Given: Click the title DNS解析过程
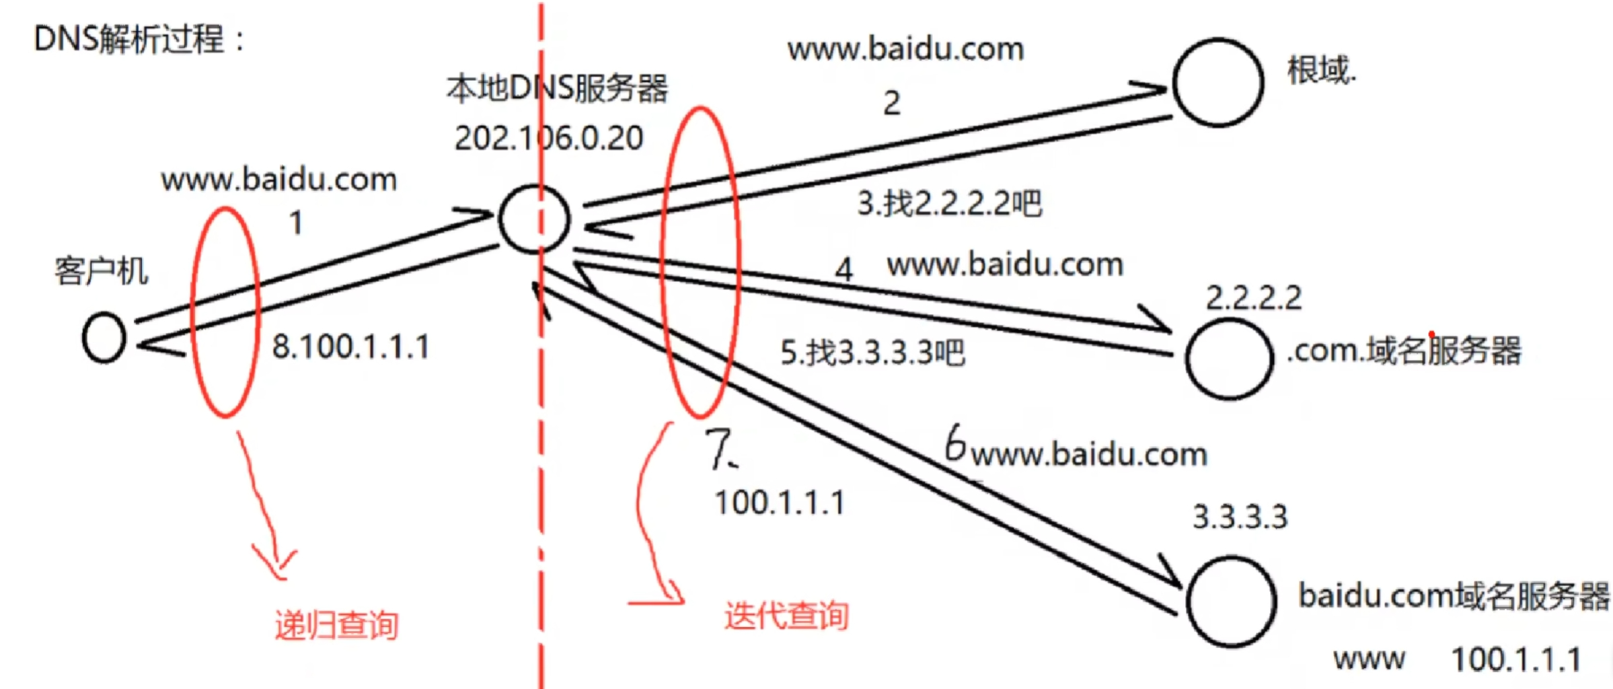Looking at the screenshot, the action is pyautogui.click(x=139, y=39).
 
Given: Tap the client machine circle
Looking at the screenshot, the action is pyautogui.click(x=104, y=338).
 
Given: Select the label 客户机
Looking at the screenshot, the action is pyautogui.click(x=102, y=271).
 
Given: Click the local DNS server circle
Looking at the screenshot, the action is pyautogui.click(x=534, y=219).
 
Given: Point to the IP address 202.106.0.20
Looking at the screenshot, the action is pyautogui.click(x=549, y=139).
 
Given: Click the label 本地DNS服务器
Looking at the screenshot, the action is pyautogui.click(x=557, y=89).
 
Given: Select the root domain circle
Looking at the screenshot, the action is pyautogui.click(x=1218, y=83).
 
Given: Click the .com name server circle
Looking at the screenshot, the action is pyautogui.click(x=1229, y=359).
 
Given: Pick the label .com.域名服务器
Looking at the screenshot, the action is pyautogui.click(x=1404, y=351).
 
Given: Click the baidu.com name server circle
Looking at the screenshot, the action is pyautogui.click(x=1232, y=602).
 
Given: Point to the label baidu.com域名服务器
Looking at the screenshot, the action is pyautogui.click(x=1453, y=596).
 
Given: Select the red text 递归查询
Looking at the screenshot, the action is pyautogui.click(x=337, y=625).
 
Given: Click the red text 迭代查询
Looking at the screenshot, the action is pyautogui.click(x=786, y=616).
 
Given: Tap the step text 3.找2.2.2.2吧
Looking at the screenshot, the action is pyautogui.click(x=949, y=203).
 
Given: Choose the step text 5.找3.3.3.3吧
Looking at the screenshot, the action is pyautogui.click(x=872, y=353).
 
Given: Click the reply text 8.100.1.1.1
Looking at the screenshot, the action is pyautogui.click(x=350, y=347).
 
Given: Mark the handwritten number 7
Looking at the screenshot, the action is pyautogui.click(x=720, y=449).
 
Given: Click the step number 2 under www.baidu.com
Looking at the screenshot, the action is pyautogui.click(x=892, y=104).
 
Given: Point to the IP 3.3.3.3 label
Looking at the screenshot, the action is pyautogui.click(x=1240, y=517).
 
